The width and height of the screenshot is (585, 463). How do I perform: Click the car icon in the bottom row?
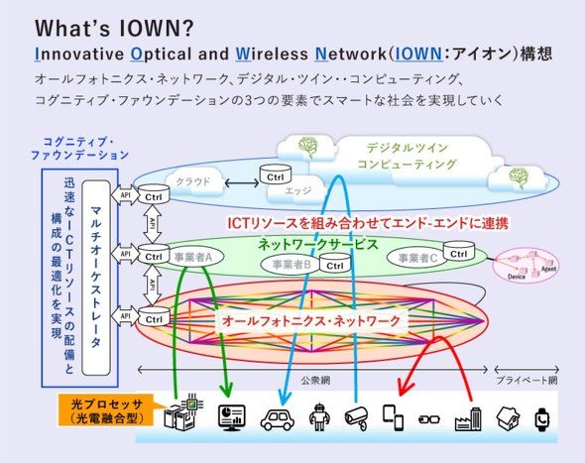pos(277,417)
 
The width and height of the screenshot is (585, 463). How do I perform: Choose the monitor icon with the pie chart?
pos(231,417)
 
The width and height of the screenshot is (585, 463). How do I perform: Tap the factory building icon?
pos(468,415)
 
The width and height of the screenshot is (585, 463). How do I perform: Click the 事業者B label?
pos(292,264)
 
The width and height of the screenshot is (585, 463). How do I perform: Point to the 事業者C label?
pos(418,258)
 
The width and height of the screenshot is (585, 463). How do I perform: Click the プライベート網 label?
pos(525,380)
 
